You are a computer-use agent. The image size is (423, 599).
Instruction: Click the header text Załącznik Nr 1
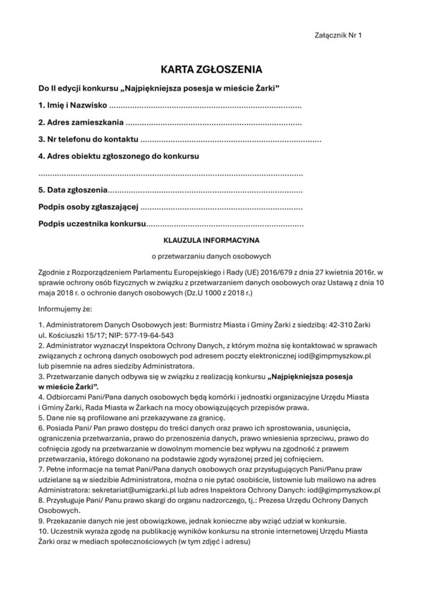(338, 36)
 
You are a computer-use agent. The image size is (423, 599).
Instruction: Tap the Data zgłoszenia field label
(73, 190)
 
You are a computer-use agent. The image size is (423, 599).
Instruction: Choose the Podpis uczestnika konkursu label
(91, 223)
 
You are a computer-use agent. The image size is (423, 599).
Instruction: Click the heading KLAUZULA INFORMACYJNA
(211, 240)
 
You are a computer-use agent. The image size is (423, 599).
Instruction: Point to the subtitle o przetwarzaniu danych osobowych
(211, 256)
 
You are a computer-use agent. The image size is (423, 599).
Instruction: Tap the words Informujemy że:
(62, 308)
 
